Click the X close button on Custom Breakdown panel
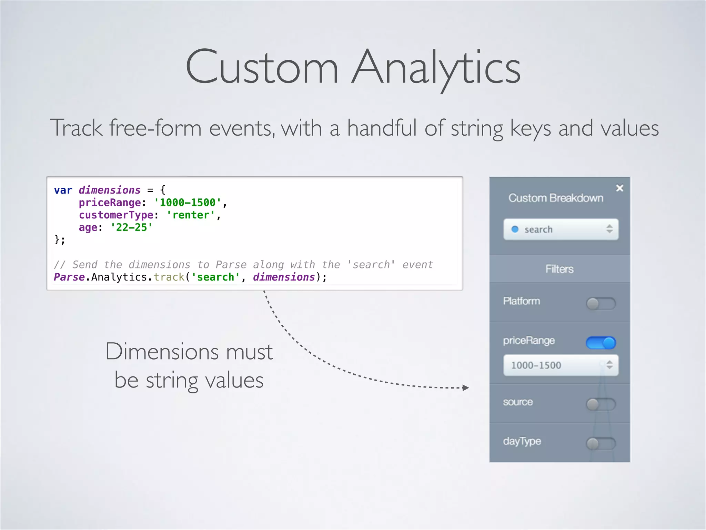click(x=619, y=188)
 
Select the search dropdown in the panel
click(x=561, y=229)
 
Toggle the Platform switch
click(x=601, y=304)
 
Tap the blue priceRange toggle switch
click(x=601, y=343)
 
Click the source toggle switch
click(x=601, y=404)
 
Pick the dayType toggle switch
click(x=601, y=443)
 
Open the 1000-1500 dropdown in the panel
click(x=561, y=365)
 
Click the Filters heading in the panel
click(x=559, y=269)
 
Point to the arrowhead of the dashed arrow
click(x=466, y=388)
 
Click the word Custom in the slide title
click(x=262, y=67)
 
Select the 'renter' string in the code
click(x=190, y=215)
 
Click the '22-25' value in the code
click(x=131, y=227)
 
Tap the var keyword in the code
click(x=63, y=190)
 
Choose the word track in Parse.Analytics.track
click(x=169, y=277)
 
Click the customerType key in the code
click(x=116, y=215)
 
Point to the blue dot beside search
click(x=515, y=229)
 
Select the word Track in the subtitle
click(x=76, y=128)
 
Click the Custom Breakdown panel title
click(x=556, y=198)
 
